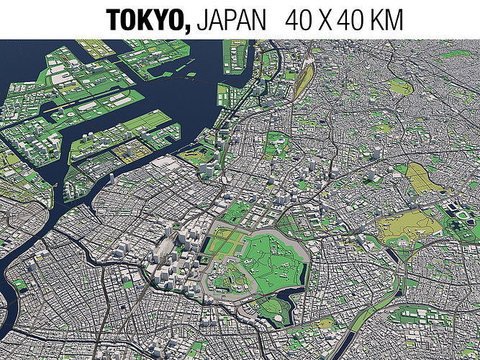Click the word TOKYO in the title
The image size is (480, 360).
148,19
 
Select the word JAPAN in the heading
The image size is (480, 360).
230,19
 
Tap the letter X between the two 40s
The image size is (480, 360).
326,19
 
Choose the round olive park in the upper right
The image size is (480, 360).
400,86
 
